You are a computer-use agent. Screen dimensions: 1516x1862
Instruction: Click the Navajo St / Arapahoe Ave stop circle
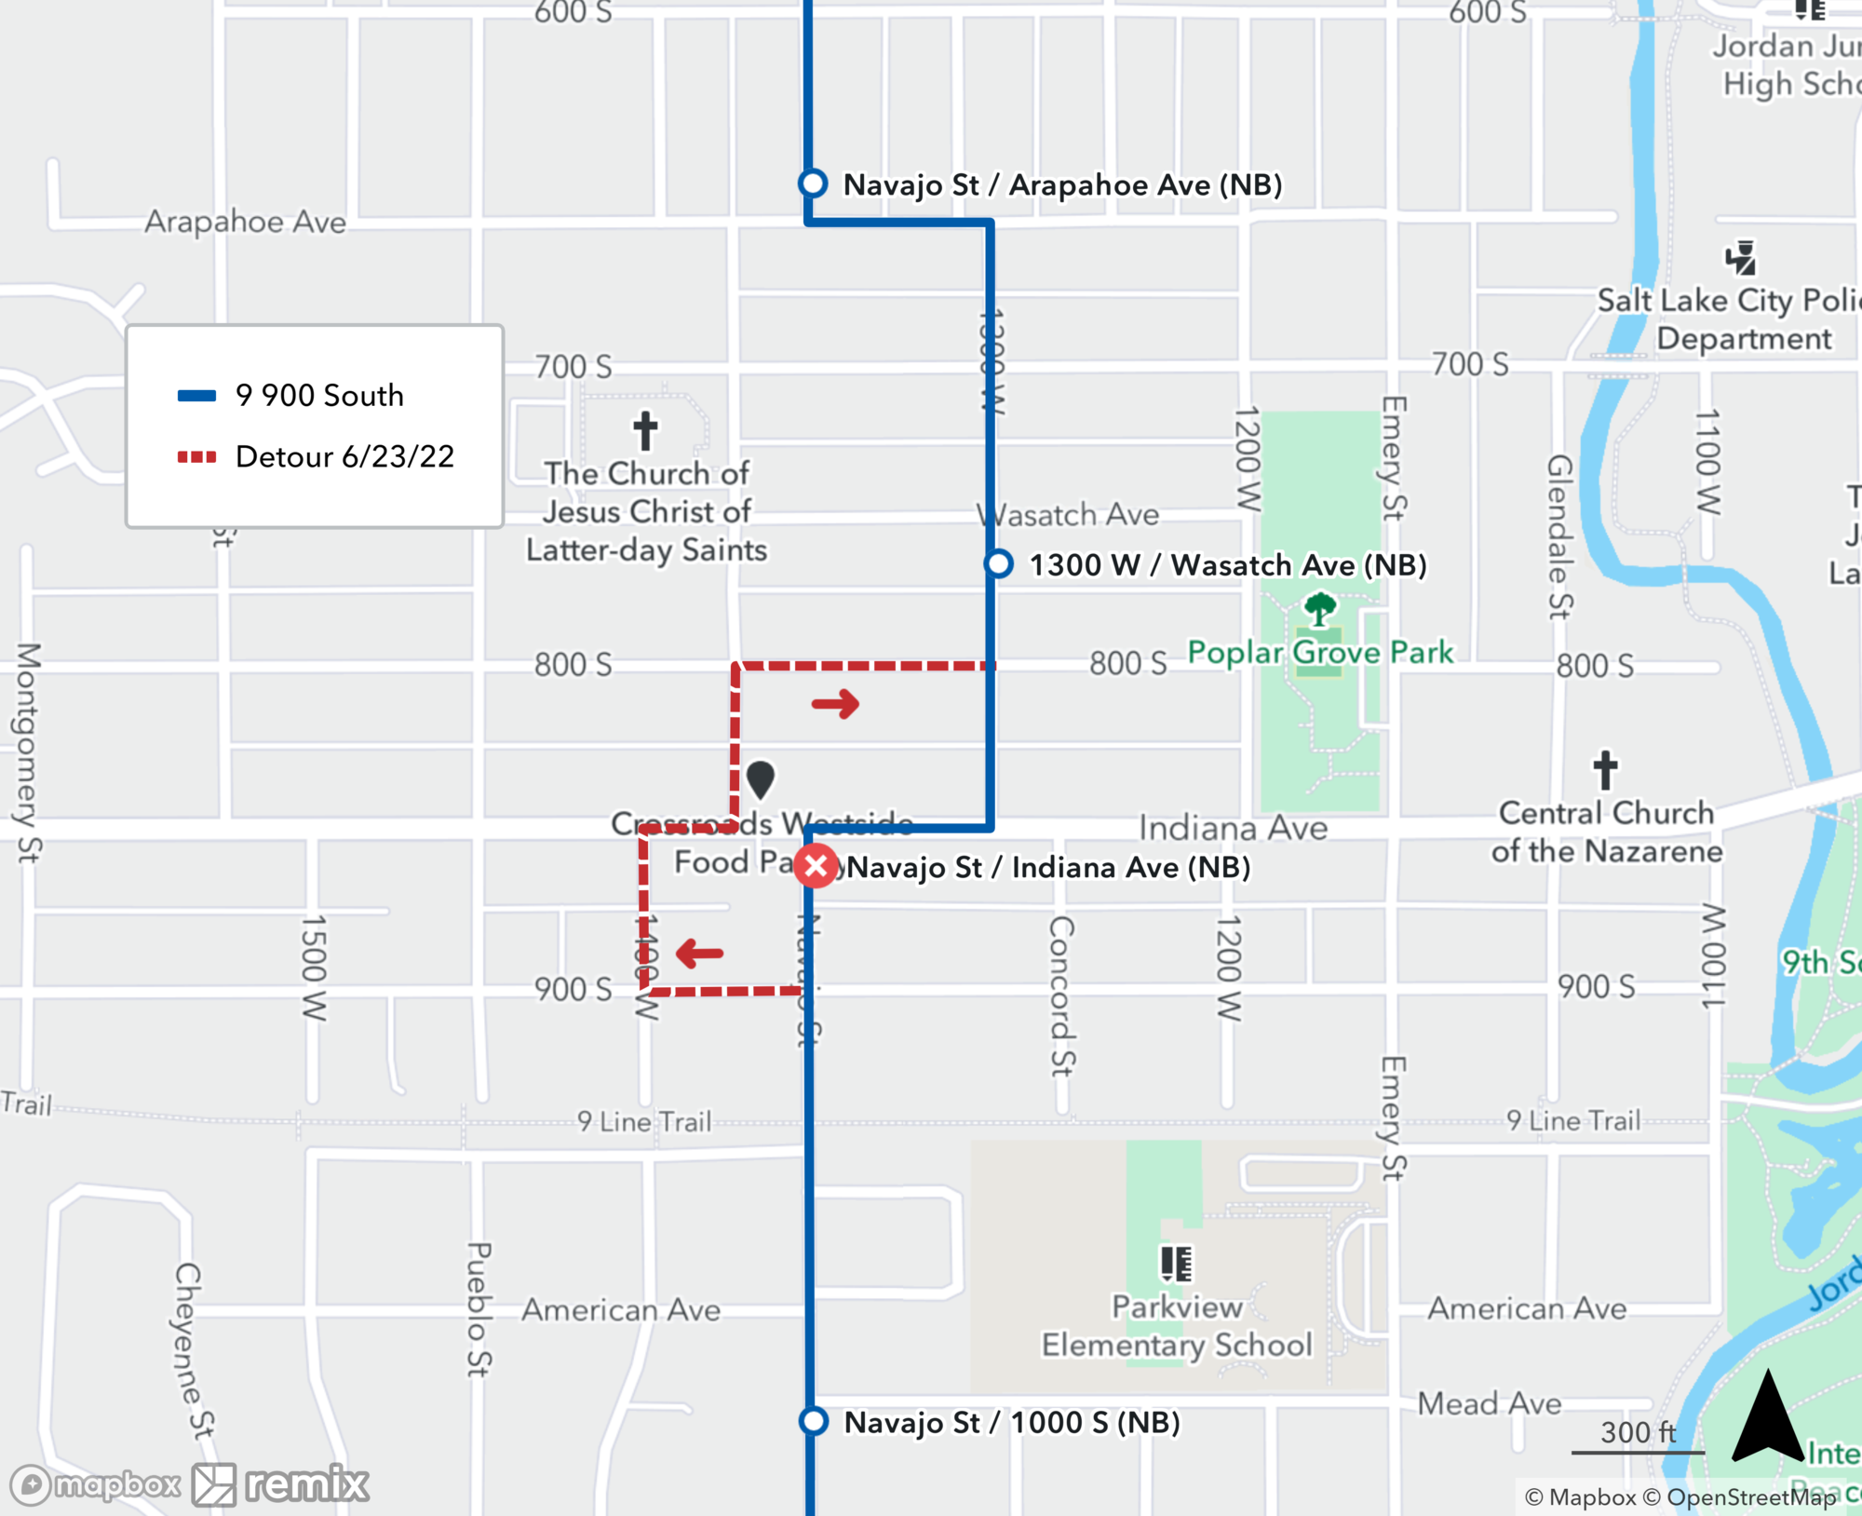coord(813,183)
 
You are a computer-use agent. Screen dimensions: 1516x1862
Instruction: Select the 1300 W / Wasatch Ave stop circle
coord(999,563)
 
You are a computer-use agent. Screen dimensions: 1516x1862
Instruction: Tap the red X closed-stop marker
coord(816,866)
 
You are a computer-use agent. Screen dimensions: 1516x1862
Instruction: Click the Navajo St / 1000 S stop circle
coord(813,1421)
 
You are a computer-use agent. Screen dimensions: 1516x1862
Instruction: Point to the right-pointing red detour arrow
coord(835,704)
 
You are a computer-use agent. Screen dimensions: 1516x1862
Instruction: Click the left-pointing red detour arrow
coord(699,953)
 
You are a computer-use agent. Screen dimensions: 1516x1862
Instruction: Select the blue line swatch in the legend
coord(196,396)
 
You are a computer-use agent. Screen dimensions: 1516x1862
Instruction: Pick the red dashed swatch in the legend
coord(196,457)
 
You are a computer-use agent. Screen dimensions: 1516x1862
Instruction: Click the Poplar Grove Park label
coord(1319,653)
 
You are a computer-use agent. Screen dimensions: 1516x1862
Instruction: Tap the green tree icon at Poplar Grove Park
coord(1319,610)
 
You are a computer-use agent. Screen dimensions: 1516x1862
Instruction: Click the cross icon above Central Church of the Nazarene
coord(1605,770)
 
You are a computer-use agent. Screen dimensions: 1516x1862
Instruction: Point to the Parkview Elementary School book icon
coord(1176,1264)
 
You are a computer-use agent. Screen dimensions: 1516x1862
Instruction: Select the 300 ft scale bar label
coord(1638,1432)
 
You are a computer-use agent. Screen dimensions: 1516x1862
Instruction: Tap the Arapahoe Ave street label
coord(245,223)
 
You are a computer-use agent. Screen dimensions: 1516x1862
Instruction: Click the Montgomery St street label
coord(29,752)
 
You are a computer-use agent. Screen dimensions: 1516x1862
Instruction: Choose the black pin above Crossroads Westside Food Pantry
coord(761,779)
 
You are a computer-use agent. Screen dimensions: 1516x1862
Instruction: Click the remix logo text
coord(306,1483)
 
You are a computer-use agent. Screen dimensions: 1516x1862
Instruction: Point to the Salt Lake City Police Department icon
coord(1740,259)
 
